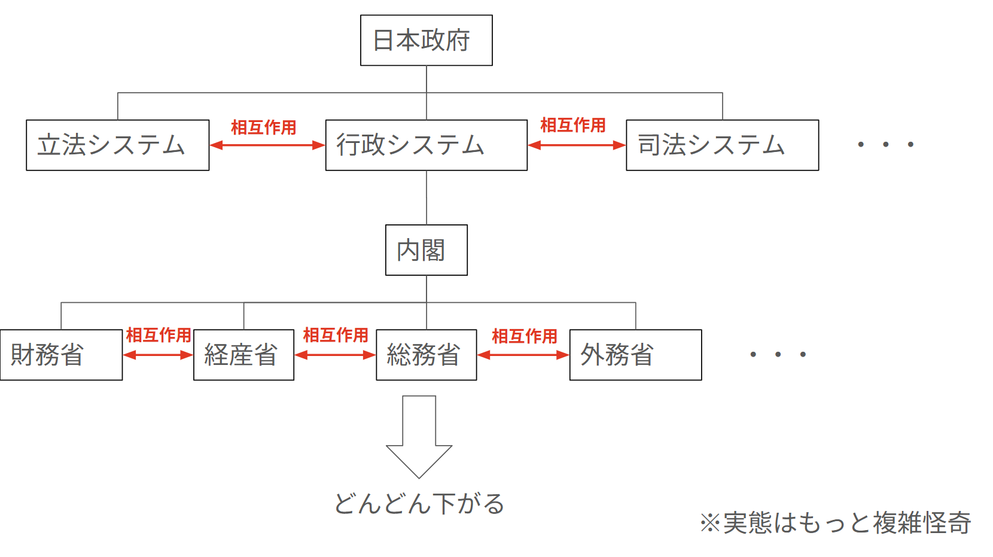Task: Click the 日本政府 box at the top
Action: (426, 40)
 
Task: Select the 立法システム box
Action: (117, 145)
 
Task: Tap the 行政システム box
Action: (426, 145)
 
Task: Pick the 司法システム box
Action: (722, 145)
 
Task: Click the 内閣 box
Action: (426, 250)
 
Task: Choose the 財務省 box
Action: (61, 355)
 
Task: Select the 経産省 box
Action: (243, 355)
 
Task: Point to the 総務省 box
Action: (426, 355)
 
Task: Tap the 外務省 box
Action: (635, 355)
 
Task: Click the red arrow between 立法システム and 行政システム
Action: (267, 145)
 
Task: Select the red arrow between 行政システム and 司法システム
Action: (577, 145)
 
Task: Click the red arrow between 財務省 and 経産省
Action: (158, 355)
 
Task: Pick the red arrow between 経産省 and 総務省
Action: (335, 355)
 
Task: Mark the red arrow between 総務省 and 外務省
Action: (523, 355)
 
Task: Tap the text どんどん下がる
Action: (419, 504)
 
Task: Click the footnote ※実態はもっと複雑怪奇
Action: (835, 522)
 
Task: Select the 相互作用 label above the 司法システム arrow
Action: (572, 125)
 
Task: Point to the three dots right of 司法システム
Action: (885, 144)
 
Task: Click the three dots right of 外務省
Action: (778, 354)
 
